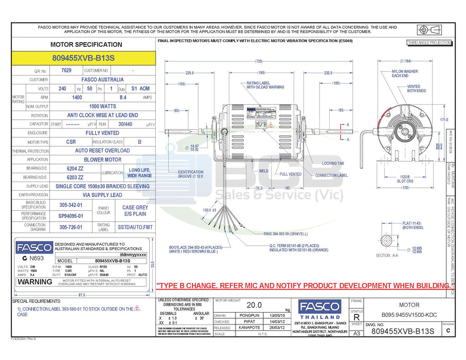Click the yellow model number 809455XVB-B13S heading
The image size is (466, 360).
[x=83, y=58]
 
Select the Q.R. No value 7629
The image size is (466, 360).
[x=66, y=70]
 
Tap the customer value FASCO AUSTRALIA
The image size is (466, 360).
[x=102, y=80]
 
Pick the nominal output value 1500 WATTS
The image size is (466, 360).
[x=102, y=106]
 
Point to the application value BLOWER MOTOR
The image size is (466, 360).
[x=102, y=159]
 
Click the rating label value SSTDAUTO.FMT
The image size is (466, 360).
[x=135, y=226]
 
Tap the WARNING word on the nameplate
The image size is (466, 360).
[x=34, y=282]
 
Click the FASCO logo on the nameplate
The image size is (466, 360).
[x=34, y=247]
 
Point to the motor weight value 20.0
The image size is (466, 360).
[x=254, y=305]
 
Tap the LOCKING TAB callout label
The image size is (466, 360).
[x=333, y=163]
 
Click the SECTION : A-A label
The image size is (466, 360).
[x=387, y=255]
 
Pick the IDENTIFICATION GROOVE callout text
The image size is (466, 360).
[x=190, y=174]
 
